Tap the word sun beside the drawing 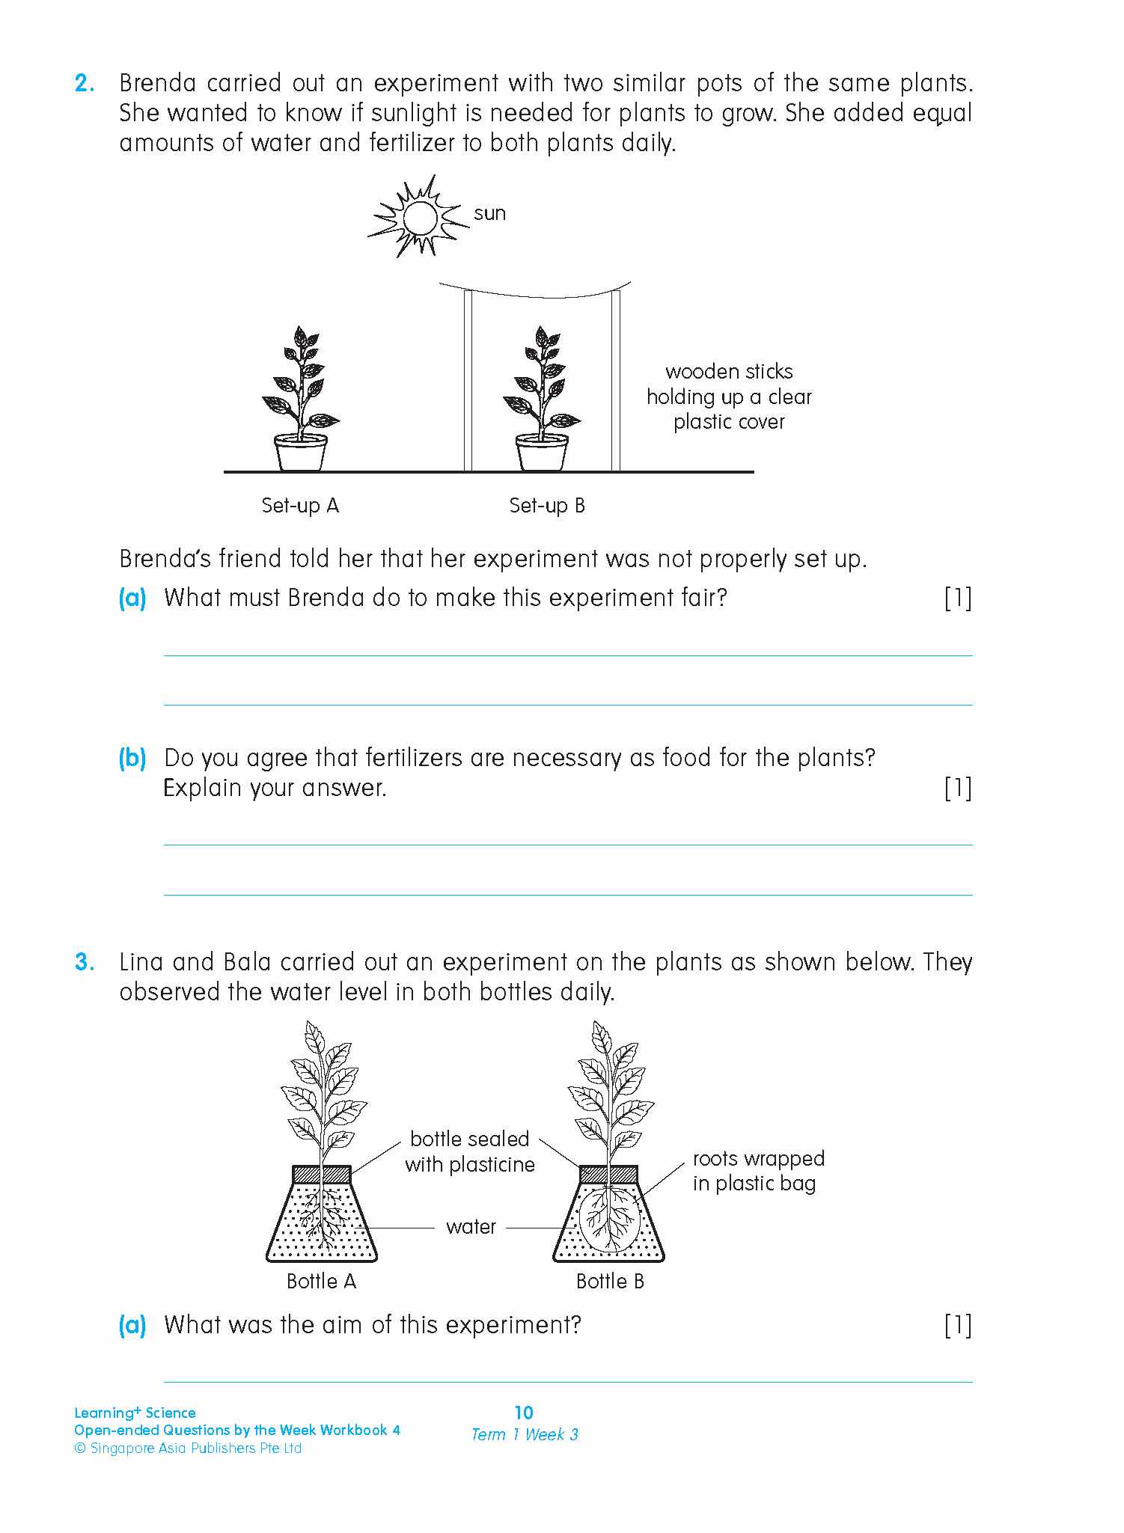(489, 214)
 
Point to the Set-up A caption (300, 506)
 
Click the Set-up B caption (546, 506)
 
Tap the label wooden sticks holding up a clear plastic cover (729, 397)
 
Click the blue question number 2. (85, 83)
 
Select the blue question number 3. (85, 962)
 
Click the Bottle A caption (321, 1282)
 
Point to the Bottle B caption (609, 1282)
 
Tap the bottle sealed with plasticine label (470, 1151)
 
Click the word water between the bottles (471, 1227)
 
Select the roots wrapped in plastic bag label (757, 1171)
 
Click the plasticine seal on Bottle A (321, 1173)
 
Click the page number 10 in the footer (524, 1413)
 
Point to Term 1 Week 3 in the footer (524, 1434)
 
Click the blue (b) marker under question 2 (132, 758)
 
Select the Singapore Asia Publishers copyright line (188, 1448)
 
